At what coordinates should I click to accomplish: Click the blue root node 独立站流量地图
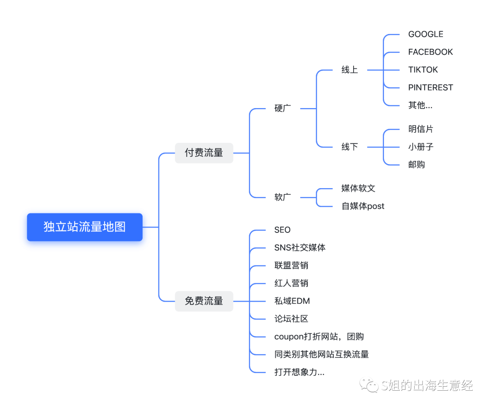click(85, 227)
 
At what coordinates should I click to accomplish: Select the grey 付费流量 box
click(204, 153)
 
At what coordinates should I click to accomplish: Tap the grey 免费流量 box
click(204, 301)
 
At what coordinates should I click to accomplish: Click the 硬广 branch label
click(283, 109)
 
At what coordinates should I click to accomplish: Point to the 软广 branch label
click(283, 197)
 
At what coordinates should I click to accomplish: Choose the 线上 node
click(350, 70)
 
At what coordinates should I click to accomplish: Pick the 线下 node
click(350, 147)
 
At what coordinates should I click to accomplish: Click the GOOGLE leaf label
click(426, 34)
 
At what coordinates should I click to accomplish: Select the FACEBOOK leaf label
click(430, 52)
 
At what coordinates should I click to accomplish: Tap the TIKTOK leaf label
click(423, 70)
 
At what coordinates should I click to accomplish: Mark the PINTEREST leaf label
click(430, 88)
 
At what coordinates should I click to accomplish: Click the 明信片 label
click(421, 129)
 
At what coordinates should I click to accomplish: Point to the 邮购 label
click(417, 165)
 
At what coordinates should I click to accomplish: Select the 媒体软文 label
click(358, 189)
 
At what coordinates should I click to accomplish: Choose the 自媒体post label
click(363, 206)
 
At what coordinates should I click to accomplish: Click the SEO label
click(283, 230)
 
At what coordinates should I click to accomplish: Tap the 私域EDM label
click(292, 301)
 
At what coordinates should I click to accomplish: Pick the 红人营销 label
click(291, 284)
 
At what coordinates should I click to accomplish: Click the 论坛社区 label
click(291, 319)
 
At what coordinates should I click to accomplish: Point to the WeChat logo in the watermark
click(369, 386)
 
